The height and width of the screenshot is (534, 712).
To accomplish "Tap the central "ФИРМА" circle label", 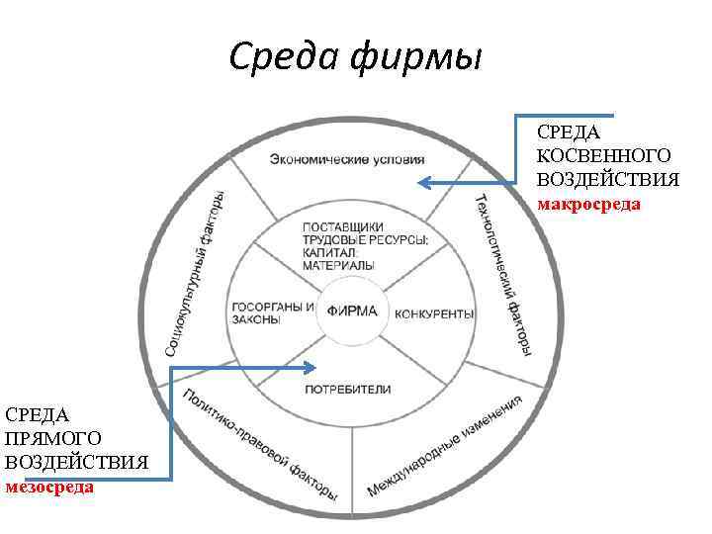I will click(x=352, y=311).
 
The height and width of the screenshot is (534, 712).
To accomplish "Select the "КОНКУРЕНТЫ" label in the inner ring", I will click(x=434, y=314).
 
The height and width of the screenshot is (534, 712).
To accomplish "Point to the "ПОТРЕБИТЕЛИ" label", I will click(x=348, y=389).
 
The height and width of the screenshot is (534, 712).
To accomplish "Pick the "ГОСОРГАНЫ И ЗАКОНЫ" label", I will click(x=270, y=311).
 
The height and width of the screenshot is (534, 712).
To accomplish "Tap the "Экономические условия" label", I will click(x=347, y=158).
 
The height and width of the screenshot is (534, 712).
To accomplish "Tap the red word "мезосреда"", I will click(x=49, y=487).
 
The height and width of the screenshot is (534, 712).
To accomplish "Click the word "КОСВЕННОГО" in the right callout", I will click(x=603, y=155).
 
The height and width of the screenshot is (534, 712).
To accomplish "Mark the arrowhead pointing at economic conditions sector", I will click(x=423, y=182).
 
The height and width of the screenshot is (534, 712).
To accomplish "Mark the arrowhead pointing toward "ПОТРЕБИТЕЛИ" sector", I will click(x=311, y=368).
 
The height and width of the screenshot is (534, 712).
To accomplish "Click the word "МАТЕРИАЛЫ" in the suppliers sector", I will click(x=338, y=266).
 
